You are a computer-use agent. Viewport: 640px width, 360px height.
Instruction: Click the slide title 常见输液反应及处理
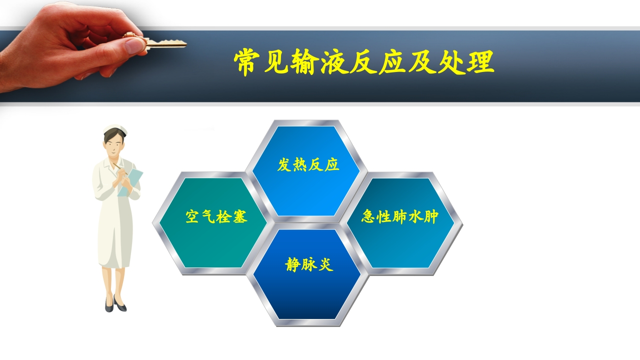(364, 62)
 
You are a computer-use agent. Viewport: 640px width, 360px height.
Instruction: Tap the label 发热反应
(308, 165)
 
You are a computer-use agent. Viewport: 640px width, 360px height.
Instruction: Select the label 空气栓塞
(216, 216)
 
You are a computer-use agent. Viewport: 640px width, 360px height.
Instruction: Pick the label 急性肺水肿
(400, 216)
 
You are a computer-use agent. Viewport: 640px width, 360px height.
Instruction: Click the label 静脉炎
(309, 264)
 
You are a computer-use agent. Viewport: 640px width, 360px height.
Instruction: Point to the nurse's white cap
(115, 131)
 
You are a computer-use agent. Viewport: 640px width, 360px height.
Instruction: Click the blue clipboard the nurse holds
(130, 181)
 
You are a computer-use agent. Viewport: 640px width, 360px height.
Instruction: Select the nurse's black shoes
(115, 304)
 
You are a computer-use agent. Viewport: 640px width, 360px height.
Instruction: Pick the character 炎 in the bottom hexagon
(325, 264)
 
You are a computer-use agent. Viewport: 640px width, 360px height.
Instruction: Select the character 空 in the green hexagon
(193, 216)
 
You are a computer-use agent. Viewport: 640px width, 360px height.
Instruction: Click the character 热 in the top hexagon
(300, 165)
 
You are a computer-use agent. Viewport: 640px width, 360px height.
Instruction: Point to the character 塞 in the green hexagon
(239, 216)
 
